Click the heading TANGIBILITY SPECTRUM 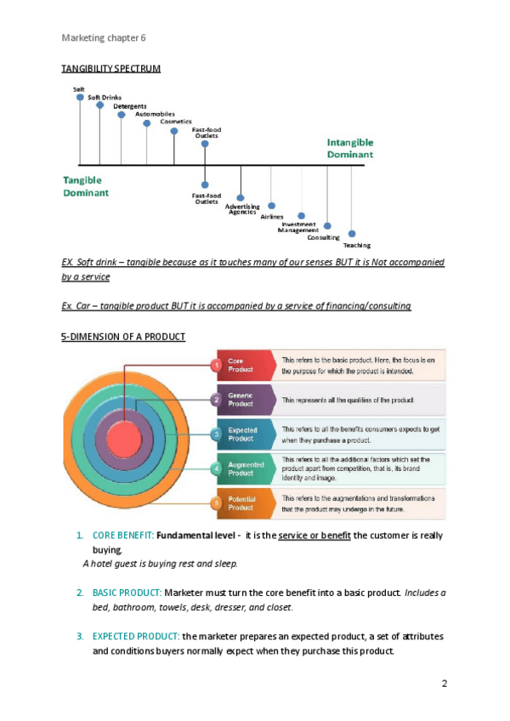click(111, 68)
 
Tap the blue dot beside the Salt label click(80, 97)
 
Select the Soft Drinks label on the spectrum click(105, 98)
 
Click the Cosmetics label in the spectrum click(176, 122)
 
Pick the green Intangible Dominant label click(350, 149)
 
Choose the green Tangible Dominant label click(85, 186)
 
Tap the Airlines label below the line click(272, 217)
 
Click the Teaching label click(357, 245)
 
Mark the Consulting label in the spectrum click(324, 237)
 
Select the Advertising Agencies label click(242, 209)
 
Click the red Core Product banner click(246, 366)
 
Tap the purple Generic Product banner click(246, 400)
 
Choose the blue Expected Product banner click(246, 434)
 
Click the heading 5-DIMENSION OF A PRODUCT click(123, 338)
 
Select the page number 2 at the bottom click(445, 684)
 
